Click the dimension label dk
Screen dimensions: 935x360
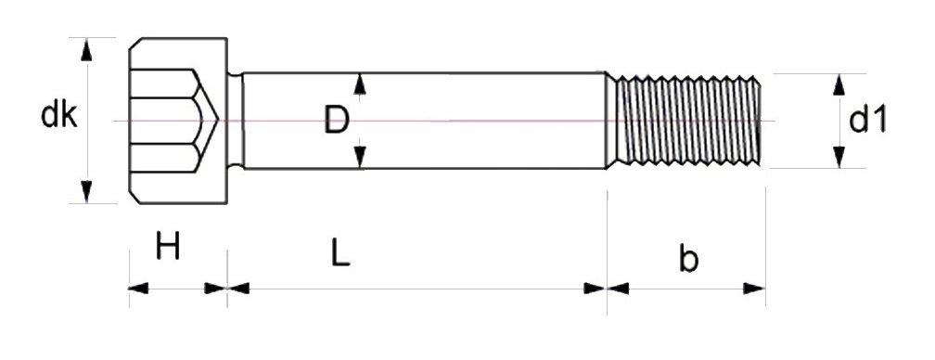(59, 115)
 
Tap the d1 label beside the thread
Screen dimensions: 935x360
(867, 120)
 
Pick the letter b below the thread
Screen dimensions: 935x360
(688, 258)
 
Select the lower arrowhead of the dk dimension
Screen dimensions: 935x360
(86, 191)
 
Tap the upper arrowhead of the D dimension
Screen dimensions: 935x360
(360, 84)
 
